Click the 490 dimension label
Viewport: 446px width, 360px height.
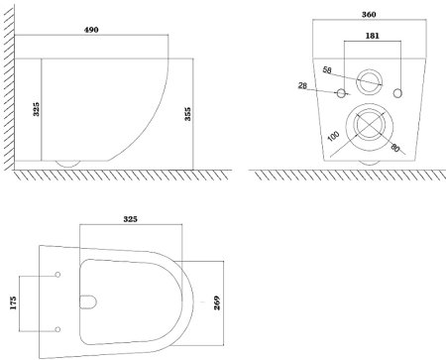[x=91, y=30]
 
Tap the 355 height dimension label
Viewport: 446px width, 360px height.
[x=187, y=114]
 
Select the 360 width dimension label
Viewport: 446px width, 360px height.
[x=369, y=15]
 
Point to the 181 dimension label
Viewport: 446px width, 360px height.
[x=373, y=36]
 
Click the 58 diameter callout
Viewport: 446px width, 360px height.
[x=327, y=70]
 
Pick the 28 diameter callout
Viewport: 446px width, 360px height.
[x=302, y=86]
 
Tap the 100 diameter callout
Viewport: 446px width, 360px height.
[x=334, y=136]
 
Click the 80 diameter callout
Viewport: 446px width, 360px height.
[x=394, y=148]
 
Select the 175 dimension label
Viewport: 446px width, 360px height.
[x=13, y=303]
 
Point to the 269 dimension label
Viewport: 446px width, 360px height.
[x=217, y=302]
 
